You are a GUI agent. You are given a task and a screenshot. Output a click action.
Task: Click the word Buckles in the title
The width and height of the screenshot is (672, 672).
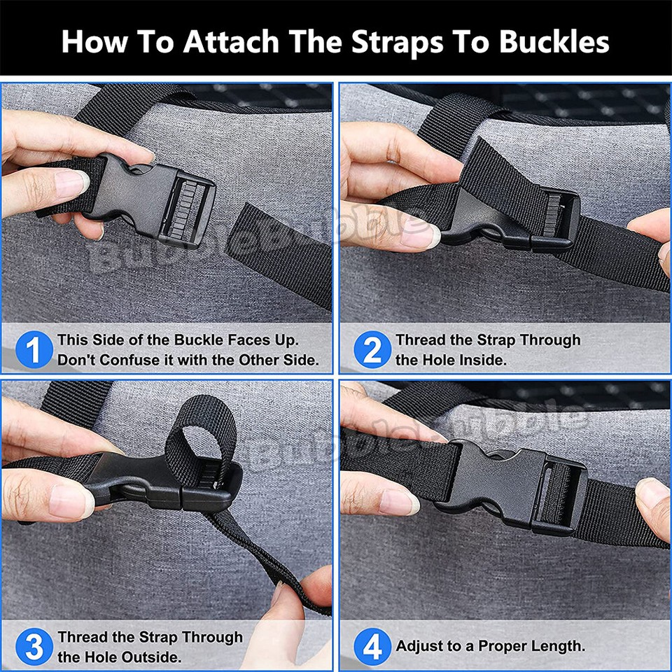click(x=554, y=41)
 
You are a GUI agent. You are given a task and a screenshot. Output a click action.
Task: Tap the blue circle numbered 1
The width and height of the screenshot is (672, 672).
click(x=34, y=349)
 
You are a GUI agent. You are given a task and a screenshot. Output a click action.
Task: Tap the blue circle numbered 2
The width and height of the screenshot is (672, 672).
click(x=372, y=349)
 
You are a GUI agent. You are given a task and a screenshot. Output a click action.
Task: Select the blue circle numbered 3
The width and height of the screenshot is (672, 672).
click(x=34, y=647)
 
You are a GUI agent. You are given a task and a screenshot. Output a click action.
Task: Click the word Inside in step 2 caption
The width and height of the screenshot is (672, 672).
click(x=482, y=360)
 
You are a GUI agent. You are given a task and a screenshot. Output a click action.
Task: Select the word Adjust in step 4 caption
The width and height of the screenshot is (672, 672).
click(x=419, y=646)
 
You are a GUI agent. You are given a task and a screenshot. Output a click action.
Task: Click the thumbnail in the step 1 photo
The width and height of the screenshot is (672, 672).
click(x=71, y=184)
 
